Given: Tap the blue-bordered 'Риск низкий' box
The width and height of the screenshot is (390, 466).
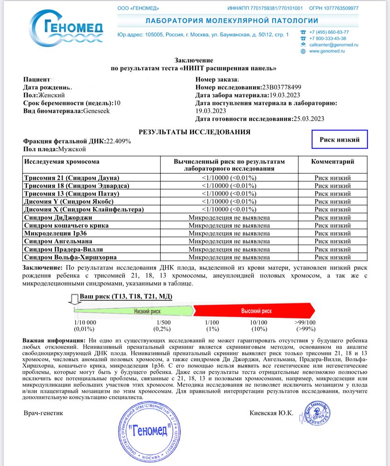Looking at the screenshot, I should [x=340, y=139].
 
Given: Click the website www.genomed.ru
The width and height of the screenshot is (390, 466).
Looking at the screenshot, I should [x=327, y=51].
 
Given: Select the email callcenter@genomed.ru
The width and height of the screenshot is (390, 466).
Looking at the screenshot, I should [x=333, y=45].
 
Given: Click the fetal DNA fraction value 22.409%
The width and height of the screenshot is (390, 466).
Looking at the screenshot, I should [x=119, y=141].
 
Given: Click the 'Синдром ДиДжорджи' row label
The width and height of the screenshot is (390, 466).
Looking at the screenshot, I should [x=57, y=218].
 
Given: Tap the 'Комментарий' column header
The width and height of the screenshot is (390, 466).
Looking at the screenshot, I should [x=332, y=162].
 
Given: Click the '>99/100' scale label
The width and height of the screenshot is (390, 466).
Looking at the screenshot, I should [x=305, y=322].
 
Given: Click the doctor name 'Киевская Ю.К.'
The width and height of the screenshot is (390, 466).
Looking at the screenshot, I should [x=271, y=413].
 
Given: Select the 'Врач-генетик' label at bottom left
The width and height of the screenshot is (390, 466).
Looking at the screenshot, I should [x=43, y=413].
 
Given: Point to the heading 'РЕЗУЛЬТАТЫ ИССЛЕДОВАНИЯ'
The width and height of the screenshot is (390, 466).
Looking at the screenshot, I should [x=194, y=132].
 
